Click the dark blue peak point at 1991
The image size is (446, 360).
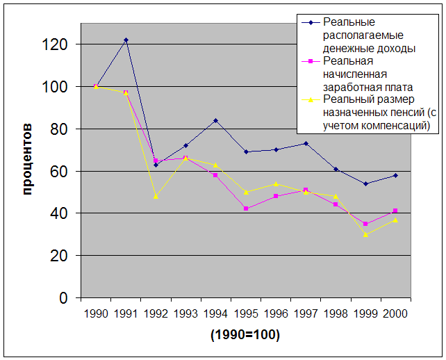126,40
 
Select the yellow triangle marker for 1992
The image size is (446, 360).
156,196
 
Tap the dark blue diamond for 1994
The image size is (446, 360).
215,120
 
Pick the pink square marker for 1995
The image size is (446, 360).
246,208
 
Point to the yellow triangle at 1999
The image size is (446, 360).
365,234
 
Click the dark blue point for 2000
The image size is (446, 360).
395,175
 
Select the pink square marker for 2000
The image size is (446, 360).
395,211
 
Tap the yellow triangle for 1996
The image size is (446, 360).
276,183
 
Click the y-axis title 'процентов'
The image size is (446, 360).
27,158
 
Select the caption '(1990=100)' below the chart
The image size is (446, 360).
245,335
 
